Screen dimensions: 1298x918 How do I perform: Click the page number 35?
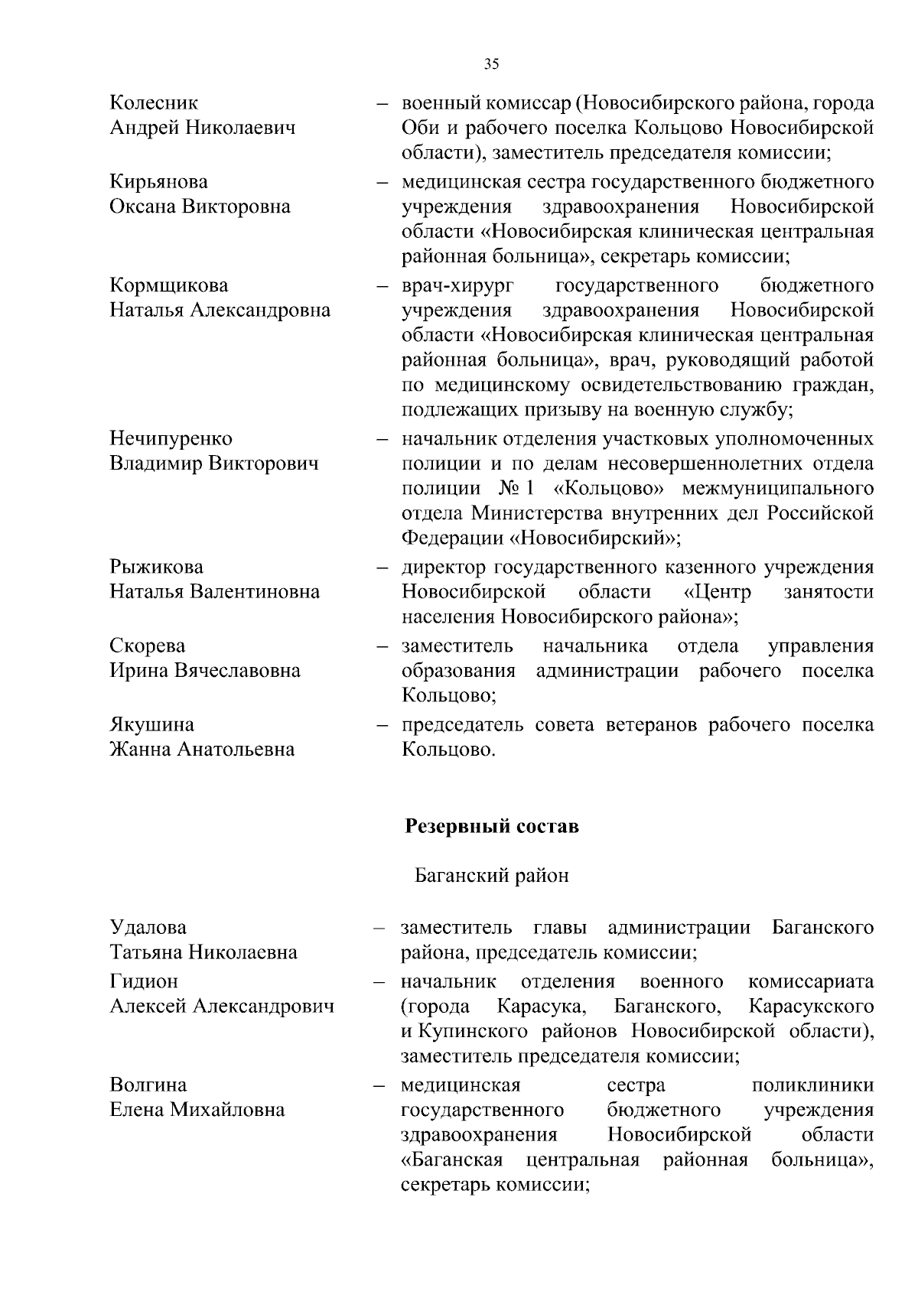(x=492, y=64)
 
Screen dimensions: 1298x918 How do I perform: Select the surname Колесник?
(x=154, y=102)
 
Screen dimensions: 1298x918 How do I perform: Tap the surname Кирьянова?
(x=158, y=182)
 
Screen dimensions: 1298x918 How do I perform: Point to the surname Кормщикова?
(x=169, y=286)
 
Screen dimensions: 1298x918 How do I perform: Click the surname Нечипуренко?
(x=171, y=439)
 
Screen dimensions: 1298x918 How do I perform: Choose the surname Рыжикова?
(x=157, y=568)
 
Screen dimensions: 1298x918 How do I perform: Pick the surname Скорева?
(x=148, y=646)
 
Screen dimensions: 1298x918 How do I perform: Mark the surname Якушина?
(x=151, y=724)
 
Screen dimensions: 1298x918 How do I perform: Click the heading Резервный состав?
(x=491, y=827)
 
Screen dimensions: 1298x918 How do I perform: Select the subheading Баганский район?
(x=491, y=876)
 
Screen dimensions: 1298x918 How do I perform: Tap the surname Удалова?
(x=148, y=928)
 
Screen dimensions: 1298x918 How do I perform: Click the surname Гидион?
(x=144, y=981)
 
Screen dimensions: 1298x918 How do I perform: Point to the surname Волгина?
(x=148, y=1085)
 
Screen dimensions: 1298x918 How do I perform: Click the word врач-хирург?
(x=458, y=286)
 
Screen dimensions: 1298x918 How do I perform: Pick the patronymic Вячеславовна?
(x=237, y=671)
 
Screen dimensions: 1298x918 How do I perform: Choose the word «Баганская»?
(x=451, y=1160)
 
